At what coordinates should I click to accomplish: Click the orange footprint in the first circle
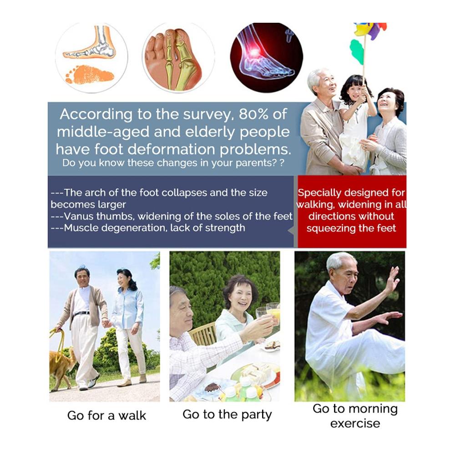(x=89, y=74)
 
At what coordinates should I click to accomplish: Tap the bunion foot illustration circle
(x=178, y=57)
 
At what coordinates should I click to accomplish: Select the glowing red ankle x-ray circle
(x=266, y=58)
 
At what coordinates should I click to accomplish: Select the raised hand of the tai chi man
(x=392, y=279)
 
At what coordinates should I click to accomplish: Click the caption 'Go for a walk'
(x=106, y=415)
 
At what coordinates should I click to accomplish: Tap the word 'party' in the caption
(x=257, y=415)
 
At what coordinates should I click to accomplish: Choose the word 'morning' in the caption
(x=373, y=409)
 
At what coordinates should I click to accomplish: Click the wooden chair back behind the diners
(x=203, y=334)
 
